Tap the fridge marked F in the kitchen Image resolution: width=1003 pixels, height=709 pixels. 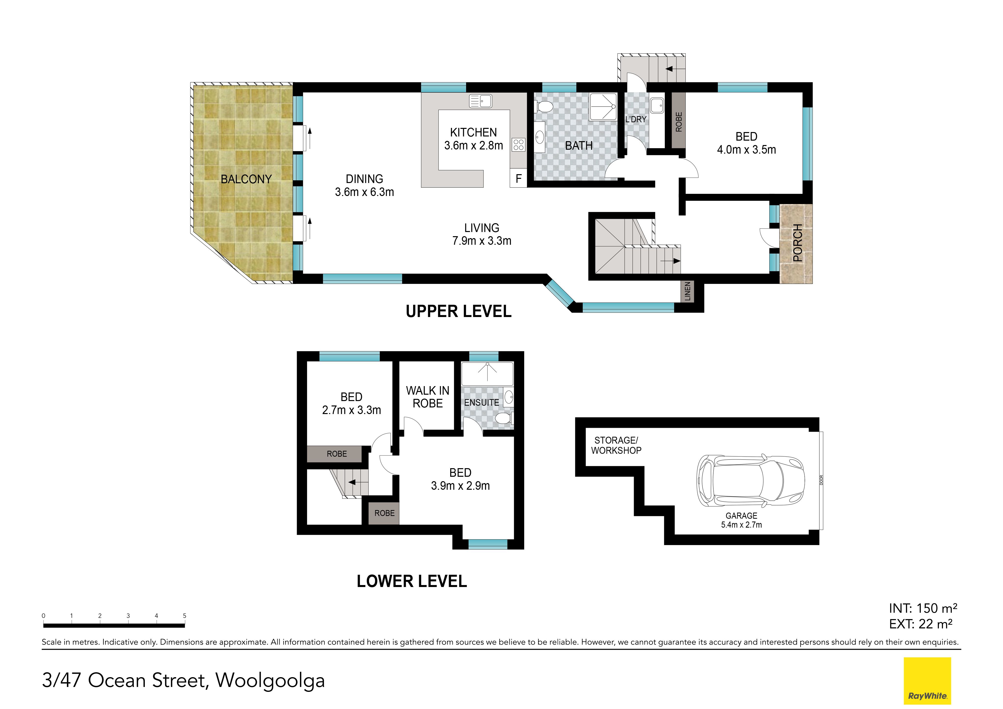point(519,178)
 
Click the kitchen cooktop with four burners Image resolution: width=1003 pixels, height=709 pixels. point(519,145)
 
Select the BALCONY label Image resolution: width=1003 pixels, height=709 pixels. point(246,179)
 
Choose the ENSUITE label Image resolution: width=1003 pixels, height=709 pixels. point(481,402)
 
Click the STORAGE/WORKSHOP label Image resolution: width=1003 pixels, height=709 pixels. point(616,445)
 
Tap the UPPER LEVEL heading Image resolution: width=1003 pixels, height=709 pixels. point(459,311)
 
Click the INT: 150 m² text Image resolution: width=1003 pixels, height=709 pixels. point(923,608)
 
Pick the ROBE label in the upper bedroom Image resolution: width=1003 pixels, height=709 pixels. point(678,122)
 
